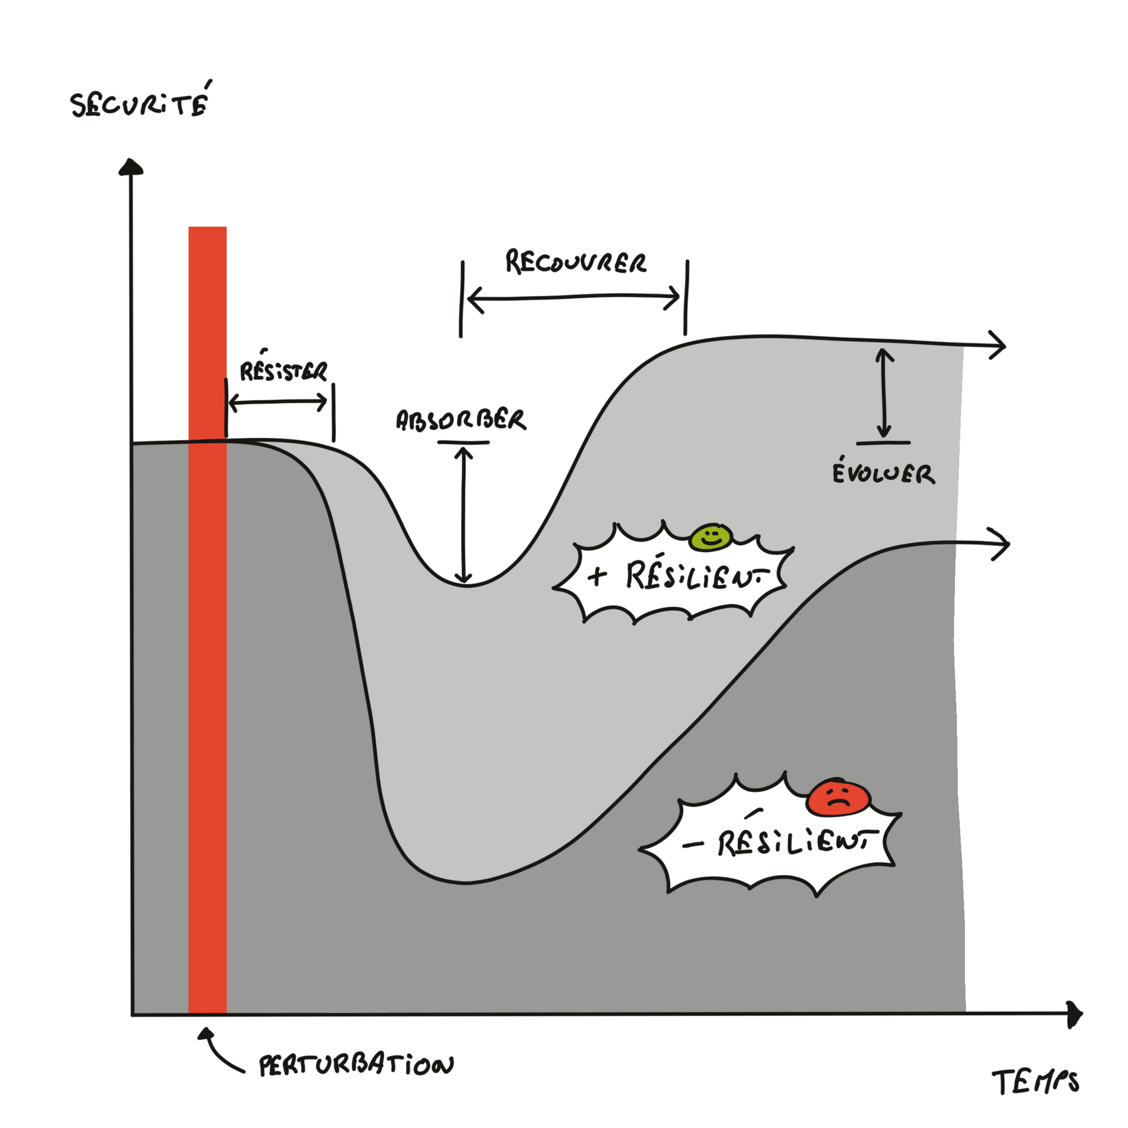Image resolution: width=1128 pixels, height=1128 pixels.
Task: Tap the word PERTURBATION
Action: click(x=356, y=1065)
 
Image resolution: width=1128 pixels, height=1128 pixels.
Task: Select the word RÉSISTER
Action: click(x=283, y=371)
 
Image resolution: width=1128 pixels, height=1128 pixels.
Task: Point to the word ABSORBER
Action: click(x=461, y=420)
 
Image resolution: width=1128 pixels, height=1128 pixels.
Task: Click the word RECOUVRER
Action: click(x=576, y=262)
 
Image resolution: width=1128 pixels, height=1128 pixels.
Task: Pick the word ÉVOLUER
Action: click(x=883, y=473)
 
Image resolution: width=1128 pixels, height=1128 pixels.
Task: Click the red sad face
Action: click(x=839, y=797)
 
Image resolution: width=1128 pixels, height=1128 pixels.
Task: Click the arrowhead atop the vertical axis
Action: click(x=131, y=167)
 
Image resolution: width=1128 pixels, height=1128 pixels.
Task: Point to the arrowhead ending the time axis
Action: click(x=1074, y=1015)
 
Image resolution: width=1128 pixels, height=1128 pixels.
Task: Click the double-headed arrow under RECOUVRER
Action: click(x=574, y=297)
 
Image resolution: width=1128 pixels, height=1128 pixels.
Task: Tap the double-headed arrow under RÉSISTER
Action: click(x=278, y=402)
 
